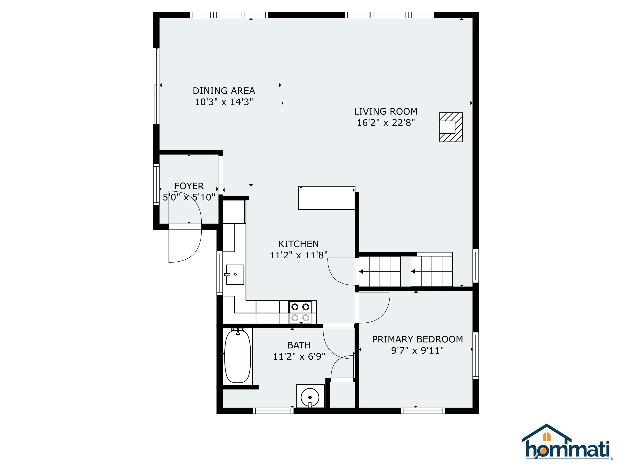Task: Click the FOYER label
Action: (189, 186)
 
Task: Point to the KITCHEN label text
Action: (298, 244)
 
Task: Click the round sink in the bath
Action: (310, 397)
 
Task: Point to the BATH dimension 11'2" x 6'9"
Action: (299, 357)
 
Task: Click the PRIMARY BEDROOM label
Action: (417, 339)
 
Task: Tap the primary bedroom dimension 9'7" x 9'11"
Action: (417, 350)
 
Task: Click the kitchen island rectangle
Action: (326, 198)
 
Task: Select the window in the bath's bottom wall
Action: (273, 411)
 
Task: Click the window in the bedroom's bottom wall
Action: (423, 411)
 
